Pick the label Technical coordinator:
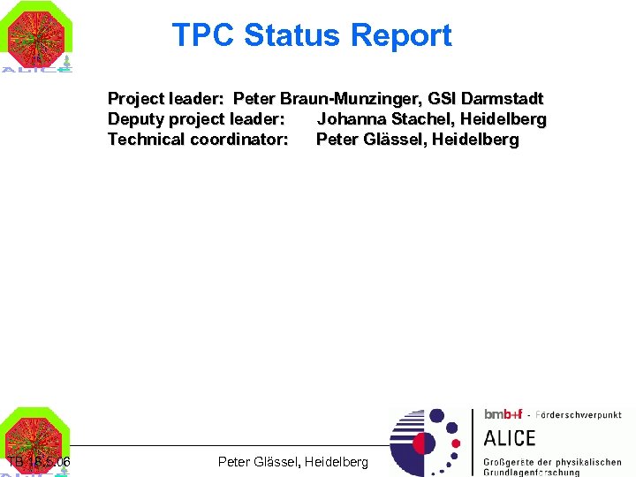198,139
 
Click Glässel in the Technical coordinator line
391,139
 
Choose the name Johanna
352,118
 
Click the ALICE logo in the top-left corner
36,37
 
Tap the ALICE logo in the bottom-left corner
36,442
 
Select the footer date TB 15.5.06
39,462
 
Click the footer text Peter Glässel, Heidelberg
292,462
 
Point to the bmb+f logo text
503,414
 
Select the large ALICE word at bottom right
510,438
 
